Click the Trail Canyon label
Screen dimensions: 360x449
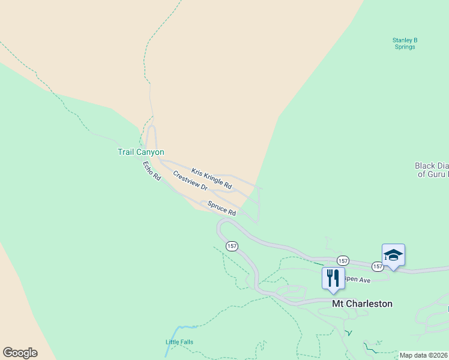140,152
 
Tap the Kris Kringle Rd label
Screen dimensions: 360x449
211,179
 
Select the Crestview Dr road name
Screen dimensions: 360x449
190,181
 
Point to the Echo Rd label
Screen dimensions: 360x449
152,171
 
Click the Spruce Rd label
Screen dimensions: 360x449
221,208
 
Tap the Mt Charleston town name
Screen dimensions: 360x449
362,304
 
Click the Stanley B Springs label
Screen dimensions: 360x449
405,43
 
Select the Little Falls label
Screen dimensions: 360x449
179,342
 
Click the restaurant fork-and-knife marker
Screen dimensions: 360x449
333,278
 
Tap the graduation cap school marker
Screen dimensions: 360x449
393,256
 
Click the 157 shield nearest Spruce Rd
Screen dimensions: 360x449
232,246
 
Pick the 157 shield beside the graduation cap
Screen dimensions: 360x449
377,266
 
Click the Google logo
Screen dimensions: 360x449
20,353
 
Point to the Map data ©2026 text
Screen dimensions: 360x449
423,355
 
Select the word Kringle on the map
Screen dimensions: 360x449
217,182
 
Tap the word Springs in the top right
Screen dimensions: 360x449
405,47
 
